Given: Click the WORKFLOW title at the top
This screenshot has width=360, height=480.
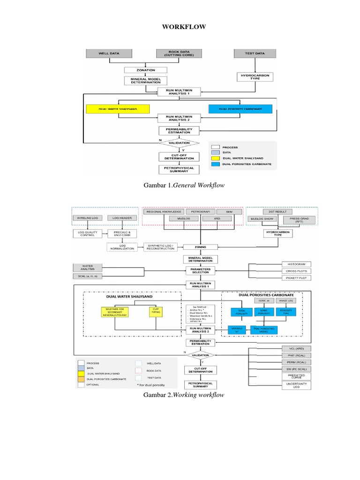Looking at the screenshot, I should coord(184,27).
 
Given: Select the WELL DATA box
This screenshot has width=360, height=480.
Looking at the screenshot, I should coord(109,53).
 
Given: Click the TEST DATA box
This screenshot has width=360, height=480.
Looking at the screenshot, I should coord(255,53).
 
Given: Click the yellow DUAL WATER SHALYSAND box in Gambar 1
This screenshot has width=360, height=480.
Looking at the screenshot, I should coord(118,109).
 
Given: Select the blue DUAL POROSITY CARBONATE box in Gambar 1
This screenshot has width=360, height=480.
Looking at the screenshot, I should coord(240,109).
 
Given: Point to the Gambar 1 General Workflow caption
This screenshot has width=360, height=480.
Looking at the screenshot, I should coord(184,186).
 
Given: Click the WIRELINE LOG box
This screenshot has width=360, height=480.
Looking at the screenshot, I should coord(87,218).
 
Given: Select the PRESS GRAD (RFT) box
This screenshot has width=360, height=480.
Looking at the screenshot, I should coord(295,220).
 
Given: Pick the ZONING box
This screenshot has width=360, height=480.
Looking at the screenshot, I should coord(200,247).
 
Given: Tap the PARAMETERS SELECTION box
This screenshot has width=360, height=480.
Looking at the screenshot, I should coord(201,271).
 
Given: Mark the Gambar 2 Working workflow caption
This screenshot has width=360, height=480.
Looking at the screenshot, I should coord(184,395).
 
